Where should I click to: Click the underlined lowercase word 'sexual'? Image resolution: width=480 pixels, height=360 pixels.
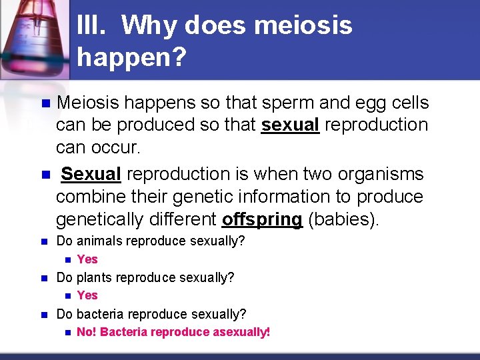291,125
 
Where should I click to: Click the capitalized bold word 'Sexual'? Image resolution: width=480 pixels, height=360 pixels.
91,174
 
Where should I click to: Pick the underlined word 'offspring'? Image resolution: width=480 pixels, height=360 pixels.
262,219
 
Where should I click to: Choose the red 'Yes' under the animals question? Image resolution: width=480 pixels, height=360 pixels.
87,259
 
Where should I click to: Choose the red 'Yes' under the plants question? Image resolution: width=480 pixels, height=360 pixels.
87,295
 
